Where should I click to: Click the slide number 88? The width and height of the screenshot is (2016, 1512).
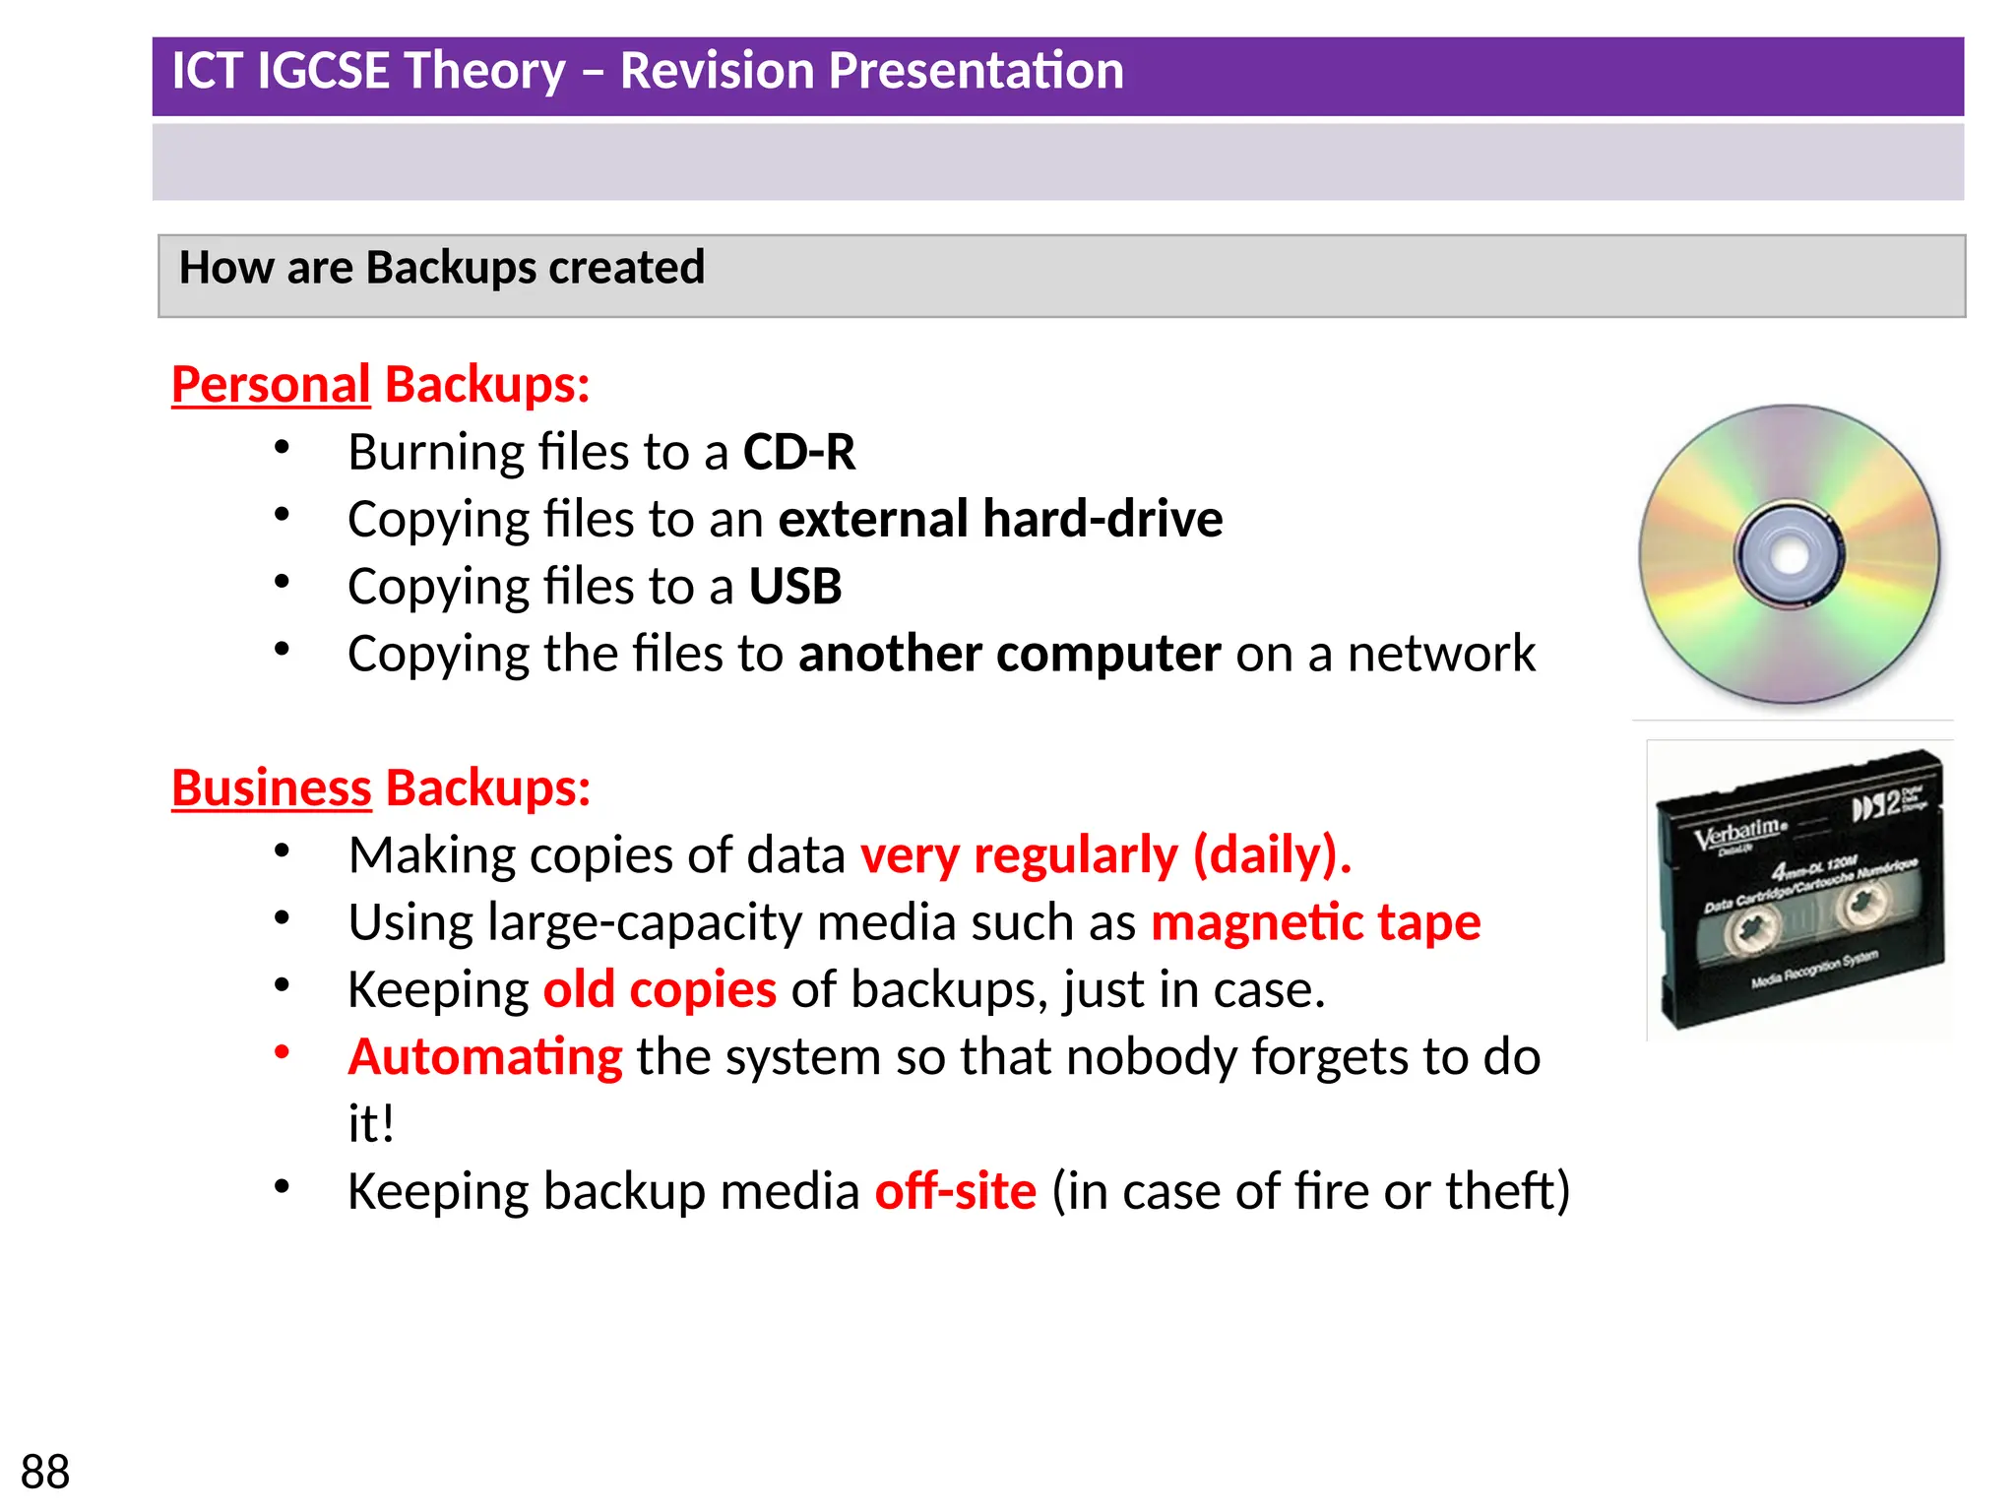[x=45, y=1472]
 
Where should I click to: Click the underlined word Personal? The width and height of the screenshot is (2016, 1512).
[x=271, y=384]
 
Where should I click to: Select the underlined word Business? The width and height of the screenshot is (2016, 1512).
[x=272, y=787]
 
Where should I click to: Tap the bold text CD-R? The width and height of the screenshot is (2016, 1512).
[x=798, y=453]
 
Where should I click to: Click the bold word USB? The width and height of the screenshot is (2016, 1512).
[x=795, y=587]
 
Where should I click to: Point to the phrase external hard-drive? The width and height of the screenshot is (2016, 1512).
[x=1000, y=520]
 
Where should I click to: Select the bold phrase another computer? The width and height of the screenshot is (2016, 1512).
[x=1009, y=654]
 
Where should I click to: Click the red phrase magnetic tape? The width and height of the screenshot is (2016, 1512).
[x=1315, y=923]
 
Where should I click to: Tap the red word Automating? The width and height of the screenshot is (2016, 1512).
[x=485, y=1057]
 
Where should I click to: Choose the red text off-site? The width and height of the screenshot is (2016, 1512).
[x=955, y=1191]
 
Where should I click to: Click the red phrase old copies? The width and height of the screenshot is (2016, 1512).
[x=660, y=990]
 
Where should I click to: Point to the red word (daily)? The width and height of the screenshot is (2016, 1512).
[x=1271, y=855]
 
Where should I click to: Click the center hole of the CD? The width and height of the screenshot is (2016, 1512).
[x=1789, y=556]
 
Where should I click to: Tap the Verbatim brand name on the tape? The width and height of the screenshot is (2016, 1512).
[x=1738, y=832]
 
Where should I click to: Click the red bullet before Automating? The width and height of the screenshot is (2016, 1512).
[x=283, y=1052]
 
